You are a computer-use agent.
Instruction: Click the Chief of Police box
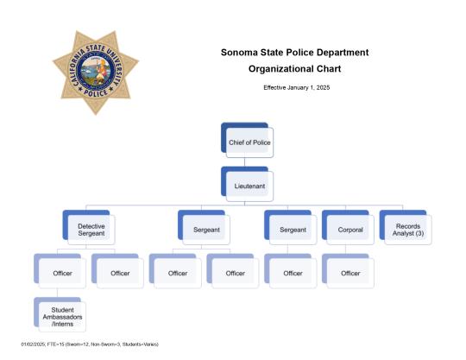(249, 140)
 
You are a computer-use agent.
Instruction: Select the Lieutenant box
(249, 185)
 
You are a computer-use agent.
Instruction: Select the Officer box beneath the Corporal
(349, 272)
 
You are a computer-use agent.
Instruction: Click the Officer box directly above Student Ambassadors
(62, 272)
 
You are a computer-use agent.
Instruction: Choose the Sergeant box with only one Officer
(292, 229)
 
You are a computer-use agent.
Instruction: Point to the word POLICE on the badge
(95, 97)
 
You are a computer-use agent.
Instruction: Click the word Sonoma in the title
(239, 53)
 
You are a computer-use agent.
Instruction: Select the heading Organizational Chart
(295, 68)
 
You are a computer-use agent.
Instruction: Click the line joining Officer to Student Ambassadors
(58, 292)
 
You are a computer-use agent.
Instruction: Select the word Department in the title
(340, 53)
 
